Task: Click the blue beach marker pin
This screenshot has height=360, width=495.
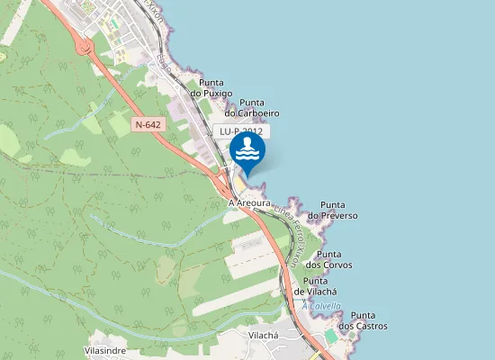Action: click(247, 152)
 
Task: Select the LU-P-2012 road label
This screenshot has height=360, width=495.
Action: click(241, 131)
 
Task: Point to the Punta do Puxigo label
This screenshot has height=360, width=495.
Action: click(211, 87)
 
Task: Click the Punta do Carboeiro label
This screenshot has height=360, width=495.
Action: click(252, 107)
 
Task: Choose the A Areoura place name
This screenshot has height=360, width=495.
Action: click(250, 204)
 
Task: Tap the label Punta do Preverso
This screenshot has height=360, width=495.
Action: click(333, 211)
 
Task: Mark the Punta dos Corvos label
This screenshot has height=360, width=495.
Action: click(328, 259)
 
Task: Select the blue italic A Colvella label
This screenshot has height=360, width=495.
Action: click(321, 306)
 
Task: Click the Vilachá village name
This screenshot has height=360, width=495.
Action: click(265, 335)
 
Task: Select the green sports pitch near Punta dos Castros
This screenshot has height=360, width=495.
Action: click(330, 336)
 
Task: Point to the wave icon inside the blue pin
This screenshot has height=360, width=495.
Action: click(247, 155)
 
